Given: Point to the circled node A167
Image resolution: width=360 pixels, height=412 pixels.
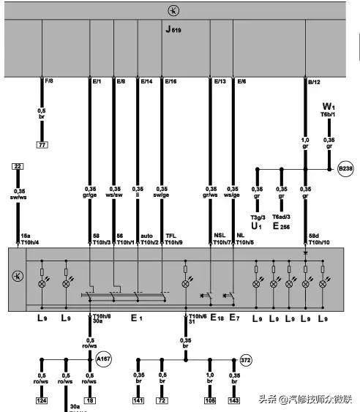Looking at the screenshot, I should (x=103, y=359).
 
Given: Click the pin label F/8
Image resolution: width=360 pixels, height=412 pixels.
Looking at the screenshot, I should (x=49, y=80).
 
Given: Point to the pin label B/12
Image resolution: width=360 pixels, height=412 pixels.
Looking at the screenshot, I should (x=313, y=80).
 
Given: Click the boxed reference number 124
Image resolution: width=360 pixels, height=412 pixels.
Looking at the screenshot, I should (x=42, y=400).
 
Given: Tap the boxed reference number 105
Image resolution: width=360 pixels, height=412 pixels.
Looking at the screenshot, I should (x=211, y=400).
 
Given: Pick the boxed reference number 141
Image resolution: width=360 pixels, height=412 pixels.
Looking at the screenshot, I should (x=138, y=400).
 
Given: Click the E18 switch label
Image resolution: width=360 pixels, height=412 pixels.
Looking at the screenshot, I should (x=217, y=318).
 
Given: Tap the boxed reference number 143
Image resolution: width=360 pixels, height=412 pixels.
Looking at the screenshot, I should (x=234, y=400).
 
